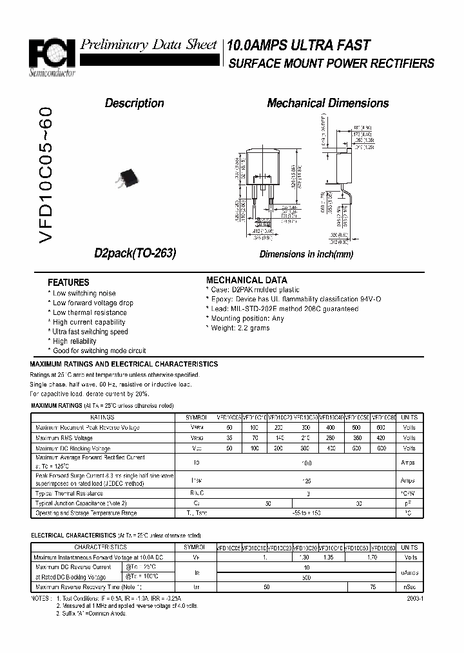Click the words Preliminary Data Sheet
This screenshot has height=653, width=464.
tap(148, 45)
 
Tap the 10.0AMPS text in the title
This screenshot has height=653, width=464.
tap(255, 45)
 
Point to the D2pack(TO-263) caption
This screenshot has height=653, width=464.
tap(135, 254)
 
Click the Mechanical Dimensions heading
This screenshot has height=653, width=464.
tap(327, 103)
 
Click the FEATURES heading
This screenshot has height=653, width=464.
tap(68, 282)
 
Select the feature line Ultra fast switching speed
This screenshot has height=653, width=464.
tap(90, 332)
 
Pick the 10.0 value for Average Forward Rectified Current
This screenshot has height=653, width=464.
tap(307, 463)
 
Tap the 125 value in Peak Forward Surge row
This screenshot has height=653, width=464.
tap(307, 481)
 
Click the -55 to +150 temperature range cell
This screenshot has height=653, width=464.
tap(307, 512)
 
